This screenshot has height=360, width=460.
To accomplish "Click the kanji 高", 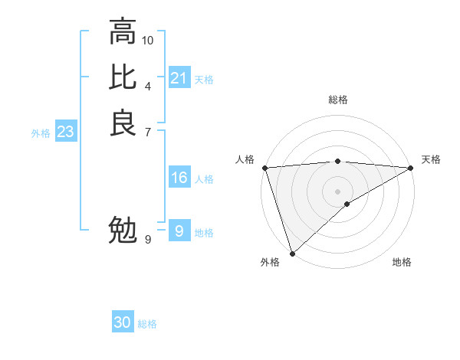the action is point(123,32).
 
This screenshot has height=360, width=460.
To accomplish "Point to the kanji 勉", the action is point(123,230).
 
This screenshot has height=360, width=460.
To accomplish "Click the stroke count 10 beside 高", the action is point(148,40).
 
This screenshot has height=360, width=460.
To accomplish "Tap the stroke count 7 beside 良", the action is point(148,131).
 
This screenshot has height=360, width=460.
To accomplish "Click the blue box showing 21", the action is point(179,78).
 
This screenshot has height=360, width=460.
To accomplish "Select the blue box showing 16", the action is point(179,178).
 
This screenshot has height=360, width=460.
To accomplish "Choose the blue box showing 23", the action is point(65,132).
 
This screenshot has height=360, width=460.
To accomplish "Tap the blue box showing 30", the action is point(123,322).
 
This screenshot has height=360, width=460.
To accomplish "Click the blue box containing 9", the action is point(179,231).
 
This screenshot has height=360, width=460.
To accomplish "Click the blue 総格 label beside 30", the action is point(147,324).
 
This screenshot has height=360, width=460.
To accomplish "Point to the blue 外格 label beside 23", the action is point(41,133).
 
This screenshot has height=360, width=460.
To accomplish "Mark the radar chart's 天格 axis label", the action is point(431,159).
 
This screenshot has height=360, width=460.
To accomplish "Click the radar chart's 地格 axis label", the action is point(402,263).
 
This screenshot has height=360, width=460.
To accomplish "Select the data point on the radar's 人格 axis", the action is point(264,168).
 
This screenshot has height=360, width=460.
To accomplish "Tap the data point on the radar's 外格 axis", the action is point(292,254).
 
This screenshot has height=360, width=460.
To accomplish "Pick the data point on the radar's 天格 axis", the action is point(411,168).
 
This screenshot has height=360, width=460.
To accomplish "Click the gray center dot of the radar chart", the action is point(337,191).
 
